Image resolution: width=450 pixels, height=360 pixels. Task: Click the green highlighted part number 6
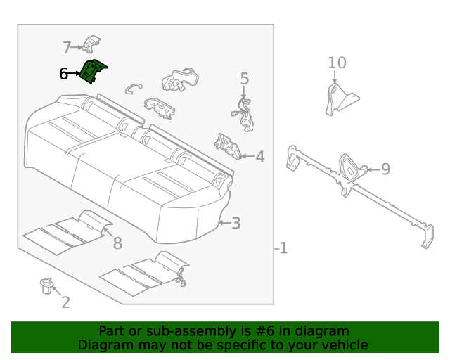tap(92, 71)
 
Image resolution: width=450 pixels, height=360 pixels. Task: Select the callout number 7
tap(67, 48)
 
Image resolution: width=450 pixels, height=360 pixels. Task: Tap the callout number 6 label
tap(63, 73)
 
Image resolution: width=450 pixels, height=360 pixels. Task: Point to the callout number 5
tap(245, 79)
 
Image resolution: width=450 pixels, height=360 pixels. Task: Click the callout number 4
tap(259, 157)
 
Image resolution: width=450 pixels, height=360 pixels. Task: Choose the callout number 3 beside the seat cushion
tap(236, 224)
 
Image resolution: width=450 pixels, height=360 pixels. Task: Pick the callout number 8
tap(117, 243)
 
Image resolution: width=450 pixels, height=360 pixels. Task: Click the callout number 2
tap(65, 302)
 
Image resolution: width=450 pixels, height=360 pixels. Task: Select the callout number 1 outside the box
tap(283, 248)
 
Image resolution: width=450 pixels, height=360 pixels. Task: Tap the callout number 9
tap(385, 169)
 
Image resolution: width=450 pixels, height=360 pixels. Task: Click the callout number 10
tap(337, 63)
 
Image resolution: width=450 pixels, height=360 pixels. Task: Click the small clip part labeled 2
tap(46, 285)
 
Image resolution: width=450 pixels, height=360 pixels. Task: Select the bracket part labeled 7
tap(90, 44)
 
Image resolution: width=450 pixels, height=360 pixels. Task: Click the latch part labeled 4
tap(227, 145)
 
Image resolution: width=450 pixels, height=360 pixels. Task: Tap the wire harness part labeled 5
tap(244, 115)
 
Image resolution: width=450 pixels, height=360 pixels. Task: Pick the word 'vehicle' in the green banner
tap(343, 345)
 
